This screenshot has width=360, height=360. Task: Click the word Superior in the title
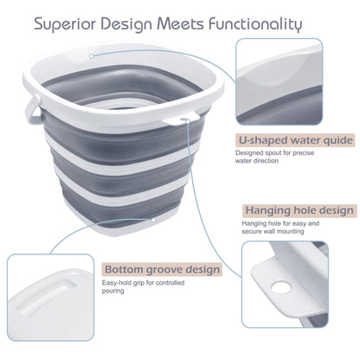tap(65, 24)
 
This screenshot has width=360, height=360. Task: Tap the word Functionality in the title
tap(255, 24)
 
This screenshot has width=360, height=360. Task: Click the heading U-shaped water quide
tap(295, 140)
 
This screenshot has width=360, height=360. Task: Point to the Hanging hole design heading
tap(299, 210)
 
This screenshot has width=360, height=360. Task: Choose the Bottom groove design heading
tap(162, 269)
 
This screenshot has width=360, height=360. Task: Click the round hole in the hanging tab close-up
tap(281, 287)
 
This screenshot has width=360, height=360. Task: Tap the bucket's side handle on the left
tap(33, 110)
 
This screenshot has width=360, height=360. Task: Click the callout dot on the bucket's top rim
tap(92, 56)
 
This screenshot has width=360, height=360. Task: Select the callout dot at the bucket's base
tap(154, 220)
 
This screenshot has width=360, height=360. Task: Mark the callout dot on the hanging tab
tap(188, 121)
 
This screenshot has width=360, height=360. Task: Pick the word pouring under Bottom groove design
tap(113, 291)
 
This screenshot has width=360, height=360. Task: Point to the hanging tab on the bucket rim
tap(182, 119)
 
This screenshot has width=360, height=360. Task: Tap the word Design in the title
tap(126, 25)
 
